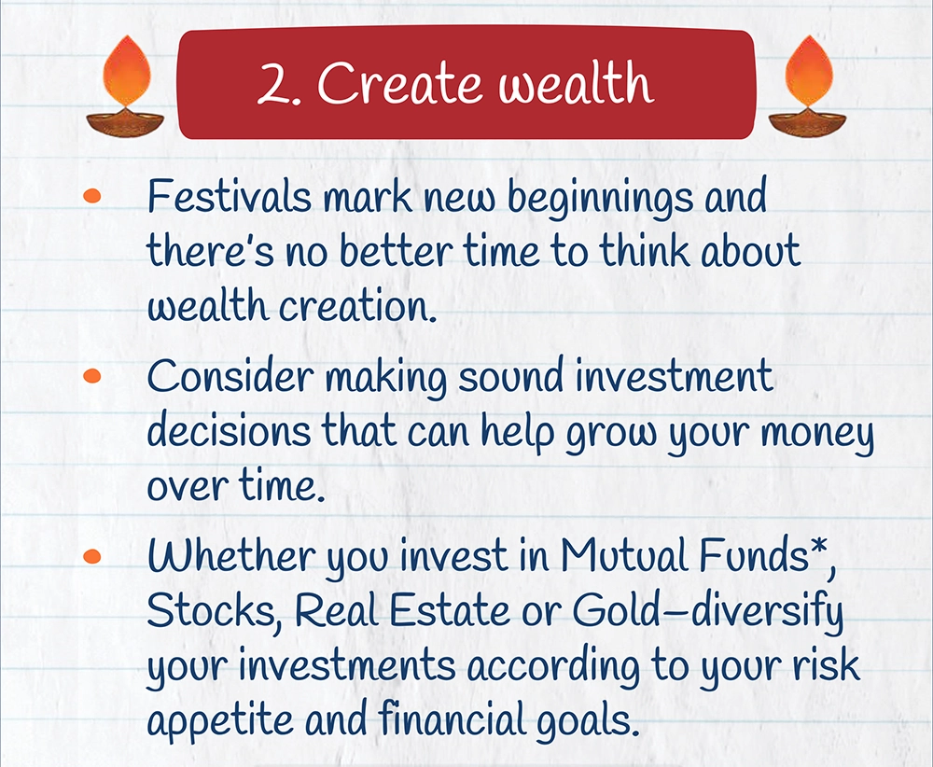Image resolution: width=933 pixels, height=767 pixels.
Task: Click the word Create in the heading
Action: click(398, 83)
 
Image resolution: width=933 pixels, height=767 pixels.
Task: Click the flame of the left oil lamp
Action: click(126, 72)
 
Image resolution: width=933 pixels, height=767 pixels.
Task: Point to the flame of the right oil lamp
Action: click(809, 72)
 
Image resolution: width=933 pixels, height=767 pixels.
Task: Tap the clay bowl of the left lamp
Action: click(126, 121)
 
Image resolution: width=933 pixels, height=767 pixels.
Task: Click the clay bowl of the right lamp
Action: click(807, 121)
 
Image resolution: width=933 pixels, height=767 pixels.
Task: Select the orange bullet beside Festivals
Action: click(92, 196)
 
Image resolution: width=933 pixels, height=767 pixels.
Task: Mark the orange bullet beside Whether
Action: click(92, 556)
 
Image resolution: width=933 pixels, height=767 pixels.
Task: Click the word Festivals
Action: click(230, 195)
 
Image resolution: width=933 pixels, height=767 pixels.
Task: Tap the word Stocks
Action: click(211, 610)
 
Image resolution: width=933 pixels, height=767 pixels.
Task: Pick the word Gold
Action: click(617, 609)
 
